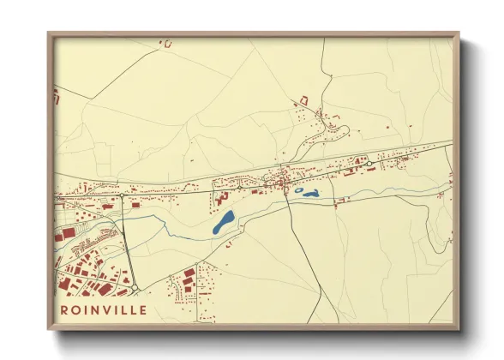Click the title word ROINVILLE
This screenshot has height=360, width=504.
pyautogui.click(x=104, y=310)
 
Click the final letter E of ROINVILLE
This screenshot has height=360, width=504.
pyautogui.click(x=142, y=310)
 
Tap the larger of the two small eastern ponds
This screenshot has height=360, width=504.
pyautogui.click(x=307, y=193)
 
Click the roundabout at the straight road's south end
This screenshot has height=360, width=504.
pyautogui.click(x=134, y=286)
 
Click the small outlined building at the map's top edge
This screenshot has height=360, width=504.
pyautogui.click(x=167, y=43)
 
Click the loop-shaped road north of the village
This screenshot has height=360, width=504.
pyautogui.click(x=337, y=133)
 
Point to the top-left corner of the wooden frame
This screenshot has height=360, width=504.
pyautogui.click(x=49, y=33)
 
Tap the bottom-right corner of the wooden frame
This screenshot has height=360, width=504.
pyautogui.click(x=458, y=328)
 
